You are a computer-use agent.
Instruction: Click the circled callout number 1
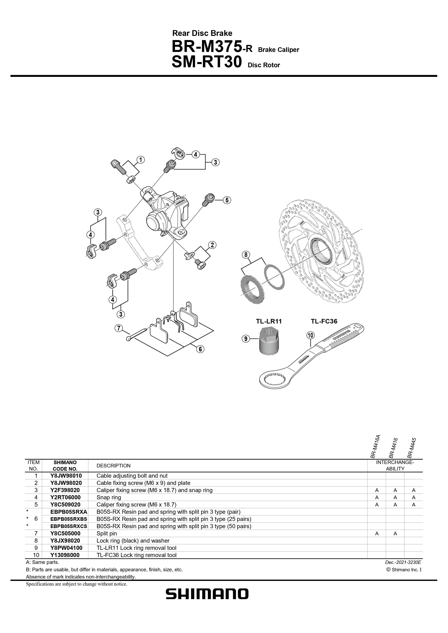click(140, 160)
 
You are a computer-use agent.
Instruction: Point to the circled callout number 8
click(246, 255)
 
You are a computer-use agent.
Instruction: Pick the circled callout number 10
click(311, 335)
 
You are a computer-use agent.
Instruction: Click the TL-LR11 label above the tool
click(269, 321)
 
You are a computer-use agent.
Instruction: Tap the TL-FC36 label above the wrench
click(324, 321)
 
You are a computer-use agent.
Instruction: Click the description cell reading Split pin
click(107, 533)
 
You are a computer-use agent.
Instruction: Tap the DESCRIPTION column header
click(113, 466)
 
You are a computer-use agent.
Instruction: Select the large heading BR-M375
click(207, 47)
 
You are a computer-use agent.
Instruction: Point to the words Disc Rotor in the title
click(264, 65)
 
